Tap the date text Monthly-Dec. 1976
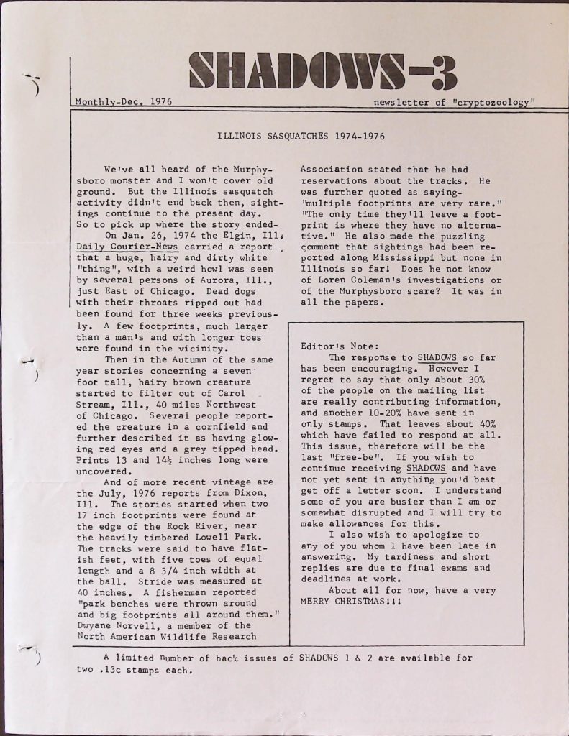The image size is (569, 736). click(x=123, y=102)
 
